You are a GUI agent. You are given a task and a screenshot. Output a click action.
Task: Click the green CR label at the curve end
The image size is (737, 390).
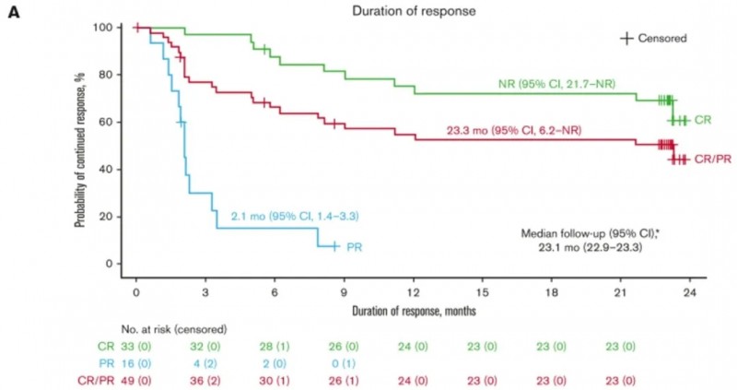(x=703, y=121)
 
